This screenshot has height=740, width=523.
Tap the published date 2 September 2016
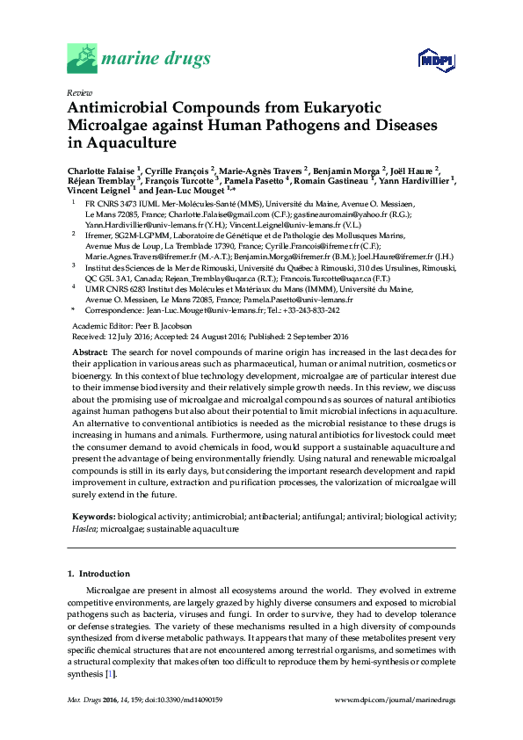(306, 336)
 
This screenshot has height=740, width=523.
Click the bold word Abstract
(90, 352)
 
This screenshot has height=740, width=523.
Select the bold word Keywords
(92, 519)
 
